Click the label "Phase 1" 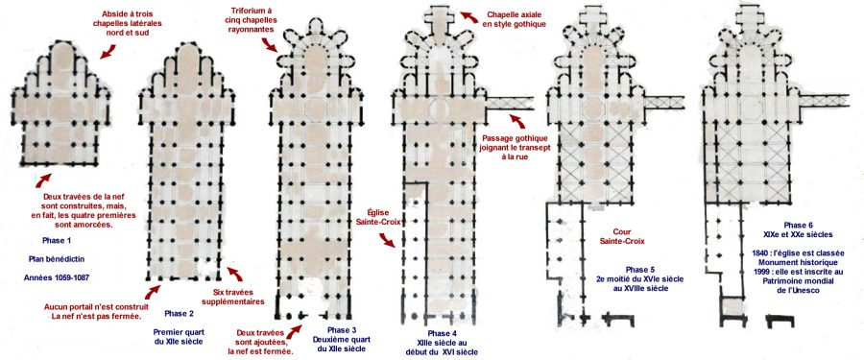point(57,240)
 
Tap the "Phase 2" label point(180,314)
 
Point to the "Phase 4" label point(442,333)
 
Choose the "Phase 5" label point(639,270)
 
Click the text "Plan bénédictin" point(57,258)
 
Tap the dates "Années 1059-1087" point(57,277)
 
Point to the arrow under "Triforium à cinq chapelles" point(270,45)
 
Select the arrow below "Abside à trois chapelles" point(108,52)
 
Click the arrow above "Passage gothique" point(516,120)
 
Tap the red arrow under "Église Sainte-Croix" point(387,240)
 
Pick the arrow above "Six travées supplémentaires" point(235,274)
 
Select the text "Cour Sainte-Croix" point(622,236)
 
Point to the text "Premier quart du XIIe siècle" point(180,337)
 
